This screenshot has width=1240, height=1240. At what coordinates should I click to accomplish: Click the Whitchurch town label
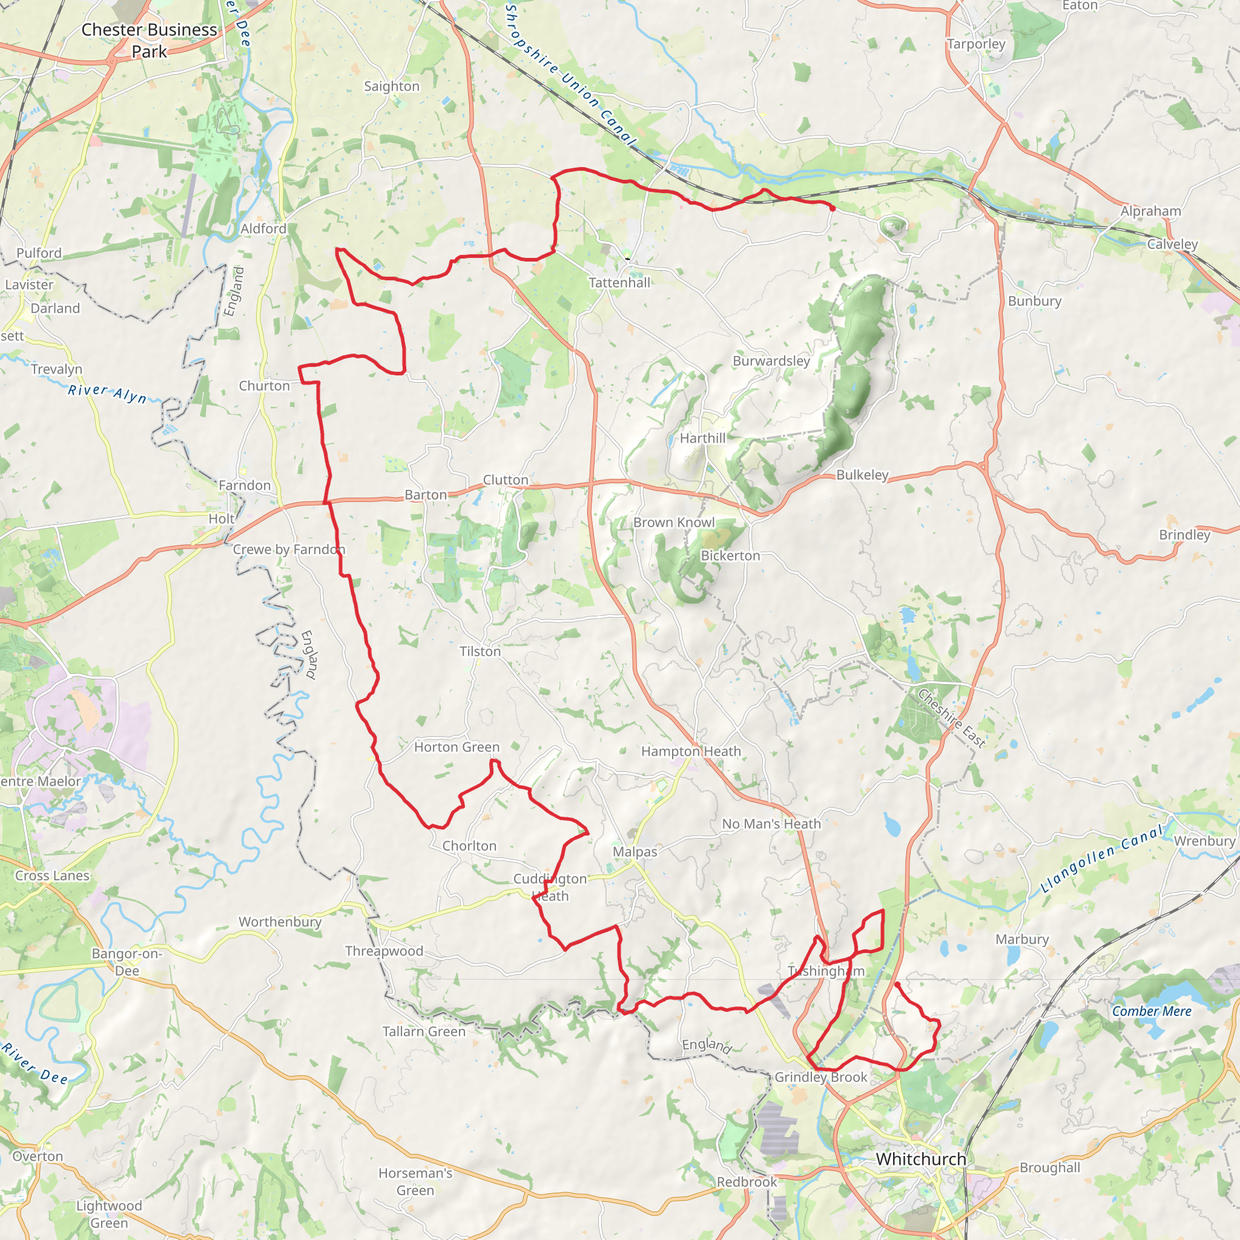[921, 1159]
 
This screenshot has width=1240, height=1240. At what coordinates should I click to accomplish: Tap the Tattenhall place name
[619, 282]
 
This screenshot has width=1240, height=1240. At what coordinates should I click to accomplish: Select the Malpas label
[635, 852]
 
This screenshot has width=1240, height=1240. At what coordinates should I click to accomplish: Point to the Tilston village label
[480, 651]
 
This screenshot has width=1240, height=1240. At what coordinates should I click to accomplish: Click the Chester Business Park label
[149, 41]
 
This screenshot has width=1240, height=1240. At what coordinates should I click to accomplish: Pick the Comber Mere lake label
[1152, 1012]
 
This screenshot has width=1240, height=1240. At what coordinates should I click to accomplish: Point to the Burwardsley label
[771, 361]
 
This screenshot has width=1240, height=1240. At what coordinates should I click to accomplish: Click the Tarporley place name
[976, 44]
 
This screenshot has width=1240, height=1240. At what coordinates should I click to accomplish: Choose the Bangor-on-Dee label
[127, 962]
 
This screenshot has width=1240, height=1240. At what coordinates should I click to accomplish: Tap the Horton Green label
[457, 747]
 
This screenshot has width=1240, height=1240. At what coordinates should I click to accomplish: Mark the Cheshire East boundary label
[951, 718]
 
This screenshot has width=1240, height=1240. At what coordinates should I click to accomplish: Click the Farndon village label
[245, 485]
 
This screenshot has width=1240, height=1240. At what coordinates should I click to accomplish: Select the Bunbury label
[1035, 301]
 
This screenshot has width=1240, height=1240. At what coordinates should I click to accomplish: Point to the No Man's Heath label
[771, 823]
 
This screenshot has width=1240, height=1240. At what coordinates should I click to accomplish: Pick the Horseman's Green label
[415, 1182]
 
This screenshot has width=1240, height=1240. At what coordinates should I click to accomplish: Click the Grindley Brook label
[821, 1077]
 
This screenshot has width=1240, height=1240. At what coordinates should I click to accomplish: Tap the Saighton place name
[392, 86]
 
